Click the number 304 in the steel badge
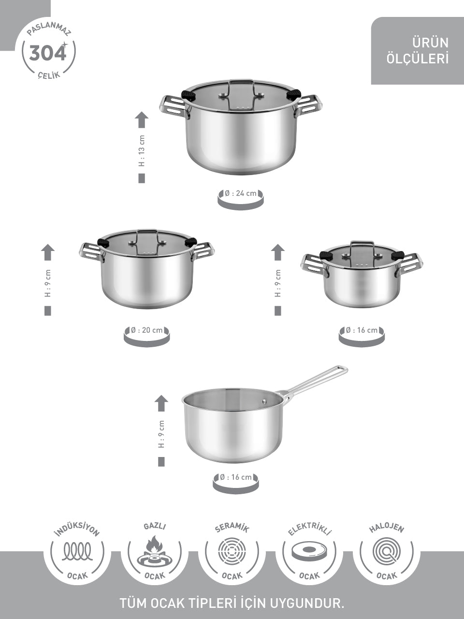(x=47, y=53)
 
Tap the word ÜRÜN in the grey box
(x=431, y=43)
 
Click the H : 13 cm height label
(x=142, y=150)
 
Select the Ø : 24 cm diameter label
(x=241, y=193)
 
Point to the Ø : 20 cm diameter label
(x=147, y=330)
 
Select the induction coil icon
(x=77, y=551)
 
